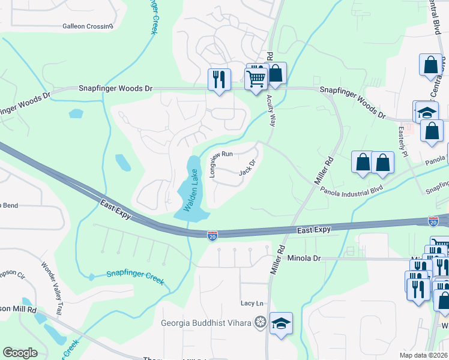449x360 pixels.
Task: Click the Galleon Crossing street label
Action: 88,26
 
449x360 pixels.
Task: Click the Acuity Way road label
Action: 270,110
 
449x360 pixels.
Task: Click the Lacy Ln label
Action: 252,304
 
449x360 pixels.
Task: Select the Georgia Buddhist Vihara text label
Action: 206,323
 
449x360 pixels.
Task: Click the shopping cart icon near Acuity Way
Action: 256,79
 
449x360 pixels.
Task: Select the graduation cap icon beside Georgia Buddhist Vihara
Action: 281,323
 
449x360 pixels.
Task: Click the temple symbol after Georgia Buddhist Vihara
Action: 260,323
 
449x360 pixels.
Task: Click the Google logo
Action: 20,353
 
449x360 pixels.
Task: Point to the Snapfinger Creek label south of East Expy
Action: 135,274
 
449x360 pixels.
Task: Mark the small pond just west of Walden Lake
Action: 122,162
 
